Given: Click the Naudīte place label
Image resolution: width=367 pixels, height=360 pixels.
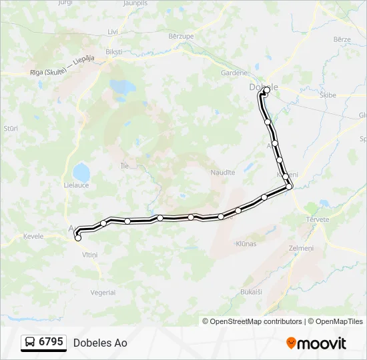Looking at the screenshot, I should pos(224,172).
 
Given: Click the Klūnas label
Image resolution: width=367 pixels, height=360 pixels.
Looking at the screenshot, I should pos(246,244).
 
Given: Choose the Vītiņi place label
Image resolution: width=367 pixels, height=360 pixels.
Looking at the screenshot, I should pos(89,255).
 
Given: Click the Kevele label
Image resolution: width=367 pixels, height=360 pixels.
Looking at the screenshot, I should pos(33,236).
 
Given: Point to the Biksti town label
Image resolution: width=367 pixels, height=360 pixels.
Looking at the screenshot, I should pos(114,51).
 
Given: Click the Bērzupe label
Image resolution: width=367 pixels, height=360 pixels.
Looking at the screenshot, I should pos(180,35).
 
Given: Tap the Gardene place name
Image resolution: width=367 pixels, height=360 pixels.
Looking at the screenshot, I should pos(234,73).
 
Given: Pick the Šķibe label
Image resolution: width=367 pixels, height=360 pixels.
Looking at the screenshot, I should pos(328,95).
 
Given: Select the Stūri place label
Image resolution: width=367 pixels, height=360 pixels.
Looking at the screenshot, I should pos(11,127).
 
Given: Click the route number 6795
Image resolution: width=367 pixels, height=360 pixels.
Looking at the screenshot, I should pos(51,342).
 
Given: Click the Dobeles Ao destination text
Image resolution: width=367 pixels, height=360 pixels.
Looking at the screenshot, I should pos(100,343).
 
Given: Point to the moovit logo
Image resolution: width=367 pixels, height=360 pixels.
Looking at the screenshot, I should pos(316,343).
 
